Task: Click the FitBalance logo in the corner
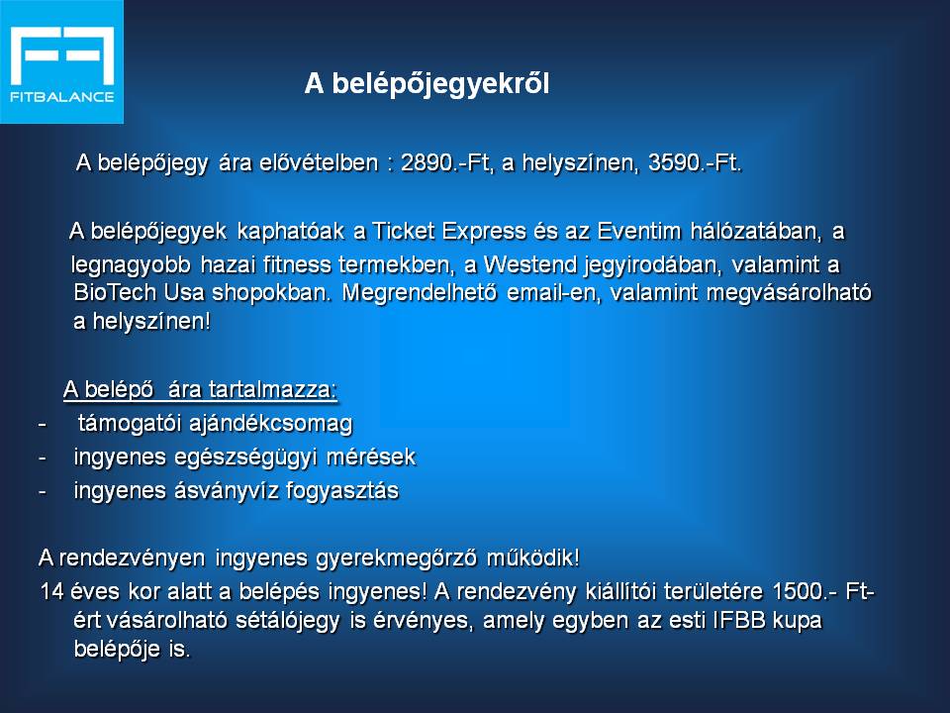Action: [x=61, y=61]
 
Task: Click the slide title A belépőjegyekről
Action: [x=427, y=83]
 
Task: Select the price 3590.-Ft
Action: [x=695, y=163]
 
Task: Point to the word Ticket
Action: [x=404, y=231]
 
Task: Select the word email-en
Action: [x=553, y=293]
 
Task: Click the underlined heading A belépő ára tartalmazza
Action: [x=200, y=389]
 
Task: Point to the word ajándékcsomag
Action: [x=270, y=424]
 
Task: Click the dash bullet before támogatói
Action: [x=42, y=424]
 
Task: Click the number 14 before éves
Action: [x=52, y=591]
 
